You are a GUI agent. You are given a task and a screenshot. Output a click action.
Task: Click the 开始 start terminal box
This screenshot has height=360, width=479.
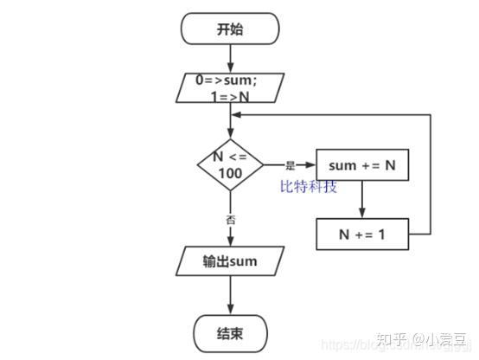230,29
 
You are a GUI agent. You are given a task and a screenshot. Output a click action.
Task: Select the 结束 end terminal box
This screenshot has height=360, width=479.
230,331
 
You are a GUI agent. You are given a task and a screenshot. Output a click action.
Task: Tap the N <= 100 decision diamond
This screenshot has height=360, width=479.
230,164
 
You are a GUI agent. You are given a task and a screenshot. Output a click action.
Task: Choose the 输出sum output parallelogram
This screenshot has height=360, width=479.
230,260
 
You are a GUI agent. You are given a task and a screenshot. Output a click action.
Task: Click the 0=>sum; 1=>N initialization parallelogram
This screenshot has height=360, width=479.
230,87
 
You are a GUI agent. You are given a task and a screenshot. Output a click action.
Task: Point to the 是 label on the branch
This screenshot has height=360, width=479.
290,164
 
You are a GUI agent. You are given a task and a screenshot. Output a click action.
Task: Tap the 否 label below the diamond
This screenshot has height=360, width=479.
231,220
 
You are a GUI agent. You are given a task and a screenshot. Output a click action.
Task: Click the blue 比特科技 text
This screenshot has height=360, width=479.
308,186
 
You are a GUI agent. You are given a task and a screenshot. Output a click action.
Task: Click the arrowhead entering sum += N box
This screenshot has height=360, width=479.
310,164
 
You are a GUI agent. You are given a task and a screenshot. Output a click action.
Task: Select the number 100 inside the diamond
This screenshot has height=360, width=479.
230,172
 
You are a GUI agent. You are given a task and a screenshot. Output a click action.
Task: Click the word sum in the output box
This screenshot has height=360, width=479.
243,260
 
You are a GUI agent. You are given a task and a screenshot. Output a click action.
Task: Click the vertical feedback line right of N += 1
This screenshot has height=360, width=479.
430,173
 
